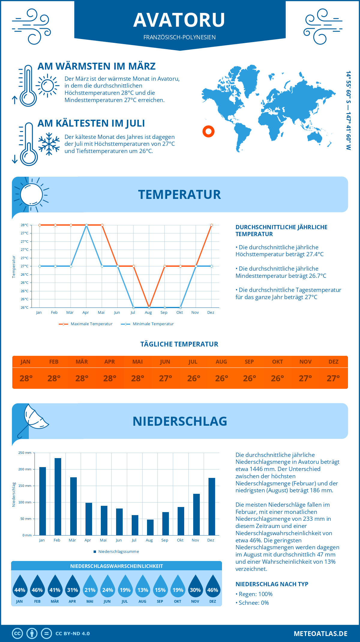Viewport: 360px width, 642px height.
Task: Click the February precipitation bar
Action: [x=58, y=496]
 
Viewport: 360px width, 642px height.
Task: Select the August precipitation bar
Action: [x=150, y=527]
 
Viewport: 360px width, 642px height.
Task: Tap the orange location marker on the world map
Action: [x=208, y=131]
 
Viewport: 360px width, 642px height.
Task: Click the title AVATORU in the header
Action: [x=179, y=20]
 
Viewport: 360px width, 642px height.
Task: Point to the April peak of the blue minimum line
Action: [x=86, y=225]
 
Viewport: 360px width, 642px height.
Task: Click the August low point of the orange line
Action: [x=149, y=307]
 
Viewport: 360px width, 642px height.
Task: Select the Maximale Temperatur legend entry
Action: [x=86, y=324]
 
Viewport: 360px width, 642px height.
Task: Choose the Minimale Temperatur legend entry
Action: [x=148, y=324]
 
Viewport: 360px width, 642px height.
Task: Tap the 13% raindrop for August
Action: [x=142, y=586]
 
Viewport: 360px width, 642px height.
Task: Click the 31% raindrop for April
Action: [x=72, y=586]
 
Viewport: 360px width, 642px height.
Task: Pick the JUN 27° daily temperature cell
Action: [x=165, y=378]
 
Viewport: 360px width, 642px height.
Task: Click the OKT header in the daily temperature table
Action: [x=277, y=362]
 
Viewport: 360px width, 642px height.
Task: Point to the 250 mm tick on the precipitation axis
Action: [x=25, y=453]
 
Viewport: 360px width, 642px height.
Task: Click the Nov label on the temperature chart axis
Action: [x=195, y=313]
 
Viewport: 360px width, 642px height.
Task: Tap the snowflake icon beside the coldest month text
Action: [x=49, y=144]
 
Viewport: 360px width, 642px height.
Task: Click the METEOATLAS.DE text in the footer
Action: [x=320, y=634]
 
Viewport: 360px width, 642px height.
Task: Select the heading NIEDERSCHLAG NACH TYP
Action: [x=272, y=584]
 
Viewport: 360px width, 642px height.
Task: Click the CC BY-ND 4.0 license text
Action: [x=73, y=634]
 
